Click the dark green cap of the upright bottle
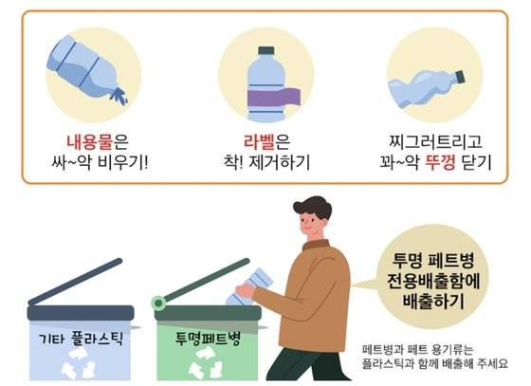266,50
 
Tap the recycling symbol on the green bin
207,367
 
